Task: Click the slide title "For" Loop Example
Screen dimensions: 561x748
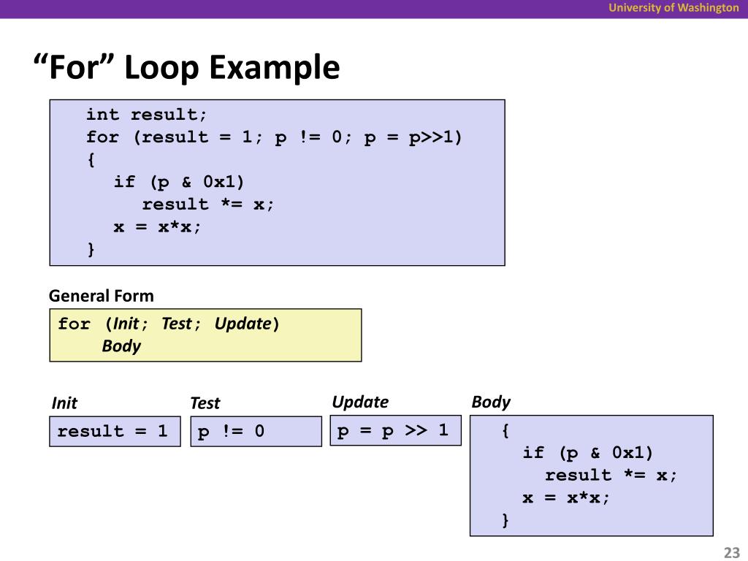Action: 187,69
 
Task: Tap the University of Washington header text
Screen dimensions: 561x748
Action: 674,8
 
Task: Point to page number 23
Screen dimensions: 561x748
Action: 731,552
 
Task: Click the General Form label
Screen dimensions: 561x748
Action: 102,296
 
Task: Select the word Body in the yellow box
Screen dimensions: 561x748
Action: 121,346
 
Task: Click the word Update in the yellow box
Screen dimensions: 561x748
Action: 243,324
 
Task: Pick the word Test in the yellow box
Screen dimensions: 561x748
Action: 177,324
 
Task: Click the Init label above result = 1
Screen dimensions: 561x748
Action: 64,403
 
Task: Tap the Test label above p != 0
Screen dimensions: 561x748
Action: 205,403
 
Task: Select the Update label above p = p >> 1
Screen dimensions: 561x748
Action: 360,402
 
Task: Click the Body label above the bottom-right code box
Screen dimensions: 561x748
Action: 491,402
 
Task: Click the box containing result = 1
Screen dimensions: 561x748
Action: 115,431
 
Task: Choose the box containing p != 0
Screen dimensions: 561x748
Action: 256,431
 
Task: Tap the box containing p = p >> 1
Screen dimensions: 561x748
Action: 395,430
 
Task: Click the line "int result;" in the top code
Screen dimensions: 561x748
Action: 147,115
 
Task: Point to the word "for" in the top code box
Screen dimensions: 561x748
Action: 102,137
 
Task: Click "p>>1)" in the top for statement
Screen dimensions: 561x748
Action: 435,137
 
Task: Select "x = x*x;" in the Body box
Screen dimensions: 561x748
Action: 566,498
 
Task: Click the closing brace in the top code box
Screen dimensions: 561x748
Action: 91,250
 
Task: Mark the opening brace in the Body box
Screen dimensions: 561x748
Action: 505,431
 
